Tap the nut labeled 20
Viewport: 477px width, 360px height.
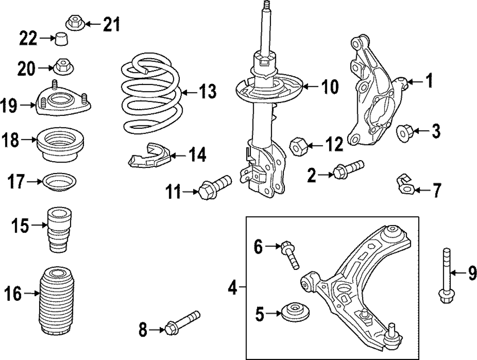click(61, 66)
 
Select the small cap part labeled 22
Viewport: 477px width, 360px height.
click(61, 39)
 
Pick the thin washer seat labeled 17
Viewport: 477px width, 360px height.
click(60, 182)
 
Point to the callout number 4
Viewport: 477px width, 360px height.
click(232, 288)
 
